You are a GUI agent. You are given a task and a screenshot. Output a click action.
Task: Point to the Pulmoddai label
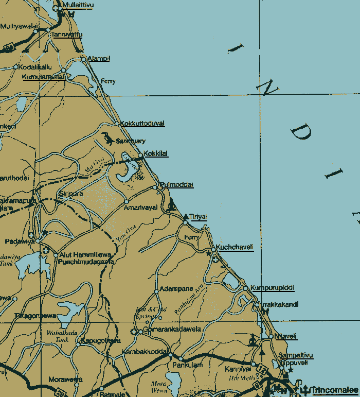[176, 184]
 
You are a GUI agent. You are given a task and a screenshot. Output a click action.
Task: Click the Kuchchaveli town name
[235, 247]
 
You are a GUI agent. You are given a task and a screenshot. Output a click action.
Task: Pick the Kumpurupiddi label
[272, 287]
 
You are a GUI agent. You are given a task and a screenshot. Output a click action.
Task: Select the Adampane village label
[177, 288]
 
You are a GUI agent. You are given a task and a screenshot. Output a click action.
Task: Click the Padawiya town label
[19, 241]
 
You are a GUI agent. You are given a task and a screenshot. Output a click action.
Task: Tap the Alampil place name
[99, 59]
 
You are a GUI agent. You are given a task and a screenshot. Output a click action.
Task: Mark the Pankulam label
[191, 365]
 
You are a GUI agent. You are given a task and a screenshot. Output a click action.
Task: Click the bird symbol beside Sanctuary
[107, 138]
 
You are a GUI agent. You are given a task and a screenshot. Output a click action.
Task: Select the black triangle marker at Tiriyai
[186, 217]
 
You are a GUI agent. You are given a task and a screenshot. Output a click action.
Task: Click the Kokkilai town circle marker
[140, 155]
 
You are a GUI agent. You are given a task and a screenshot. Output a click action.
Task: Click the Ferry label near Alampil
[108, 81]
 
